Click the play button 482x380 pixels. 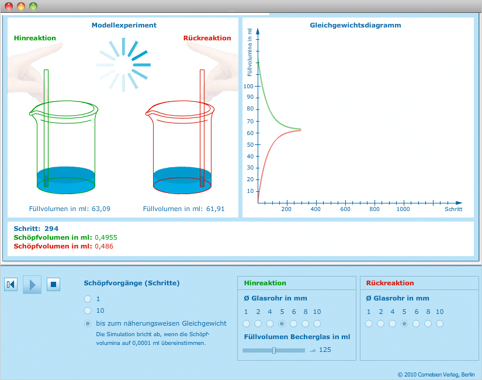pyautogui.click(x=32, y=285)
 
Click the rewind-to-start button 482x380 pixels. pyautogui.click(x=11, y=285)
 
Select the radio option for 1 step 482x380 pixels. pyautogui.click(x=88, y=299)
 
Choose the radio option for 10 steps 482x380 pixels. pyautogui.click(x=88, y=310)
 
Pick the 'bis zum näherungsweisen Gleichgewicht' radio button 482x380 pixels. pyautogui.click(x=88, y=323)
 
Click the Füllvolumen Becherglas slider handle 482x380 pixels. pyautogui.click(x=274, y=350)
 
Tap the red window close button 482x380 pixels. pyautogui.click(x=9, y=6)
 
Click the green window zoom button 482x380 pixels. pyautogui.click(x=33, y=6)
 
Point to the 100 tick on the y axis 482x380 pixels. pyautogui.click(x=249, y=86)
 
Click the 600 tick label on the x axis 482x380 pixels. pyautogui.click(x=345, y=209)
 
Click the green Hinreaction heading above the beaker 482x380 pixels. pyautogui.click(x=35, y=38)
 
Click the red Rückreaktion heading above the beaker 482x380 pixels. pyautogui.click(x=207, y=38)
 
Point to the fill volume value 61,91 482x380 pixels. pyautogui.click(x=215, y=209)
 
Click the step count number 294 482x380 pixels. pyautogui.click(x=51, y=229)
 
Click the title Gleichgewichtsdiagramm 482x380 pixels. pyautogui.click(x=355, y=25)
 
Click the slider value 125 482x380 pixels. pyautogui.click(x=325, y=350)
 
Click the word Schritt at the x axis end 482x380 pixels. pyautogui.click(x=453, y=209)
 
